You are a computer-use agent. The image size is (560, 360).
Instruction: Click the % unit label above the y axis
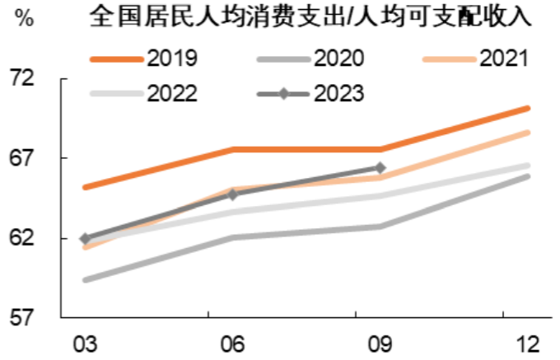[24, 19]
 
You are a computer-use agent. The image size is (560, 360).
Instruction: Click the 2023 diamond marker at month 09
[380, 168]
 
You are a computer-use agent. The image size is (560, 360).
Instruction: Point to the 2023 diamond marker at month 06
[232, 194]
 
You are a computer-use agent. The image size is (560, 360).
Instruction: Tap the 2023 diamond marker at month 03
[85, 239]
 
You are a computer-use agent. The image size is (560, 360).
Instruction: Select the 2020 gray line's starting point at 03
[85, 280]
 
